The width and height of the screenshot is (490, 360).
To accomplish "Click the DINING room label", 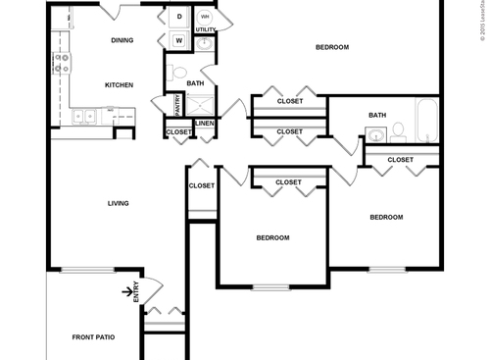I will tap(122, 40).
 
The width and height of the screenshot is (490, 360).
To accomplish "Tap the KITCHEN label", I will tap(119, 85).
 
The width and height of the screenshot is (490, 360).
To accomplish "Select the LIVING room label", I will tap(119, 203).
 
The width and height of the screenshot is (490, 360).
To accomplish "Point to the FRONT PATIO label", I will tap(93, 337).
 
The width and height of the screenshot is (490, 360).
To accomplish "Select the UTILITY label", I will tap(205, 30).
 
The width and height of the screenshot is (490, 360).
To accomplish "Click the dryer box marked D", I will tap(180, 18).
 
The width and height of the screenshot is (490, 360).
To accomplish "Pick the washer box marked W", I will tap(180, 40).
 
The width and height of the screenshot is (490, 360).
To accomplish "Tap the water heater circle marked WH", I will tap(206, 17).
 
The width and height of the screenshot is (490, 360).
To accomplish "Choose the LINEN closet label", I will tap(204, 123).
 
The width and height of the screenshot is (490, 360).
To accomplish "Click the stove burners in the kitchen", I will tap(61, 63).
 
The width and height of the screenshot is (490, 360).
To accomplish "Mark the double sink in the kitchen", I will tap(83, 116).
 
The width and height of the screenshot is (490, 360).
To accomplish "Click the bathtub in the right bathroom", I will tap(427, 119).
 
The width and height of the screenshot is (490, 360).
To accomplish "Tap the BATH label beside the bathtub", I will tap(377, 115).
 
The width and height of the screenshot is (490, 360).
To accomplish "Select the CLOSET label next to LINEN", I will tap(179, 131).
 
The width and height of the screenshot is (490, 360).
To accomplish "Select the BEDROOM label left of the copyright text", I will tap(331, 47).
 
